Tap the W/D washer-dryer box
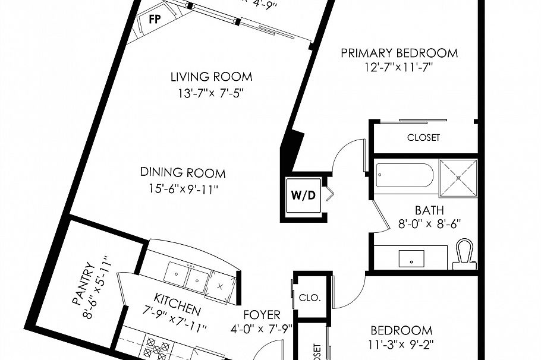click(302, 195)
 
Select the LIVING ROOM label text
click(211, 77)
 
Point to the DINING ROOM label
click(183, 173)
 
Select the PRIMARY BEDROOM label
click(399, 53)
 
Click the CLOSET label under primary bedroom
click(423, 137)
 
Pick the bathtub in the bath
click(405, 175)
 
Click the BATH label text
click(429, 210)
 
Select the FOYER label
click(262, 315)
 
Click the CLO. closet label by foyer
click(310, 298)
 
